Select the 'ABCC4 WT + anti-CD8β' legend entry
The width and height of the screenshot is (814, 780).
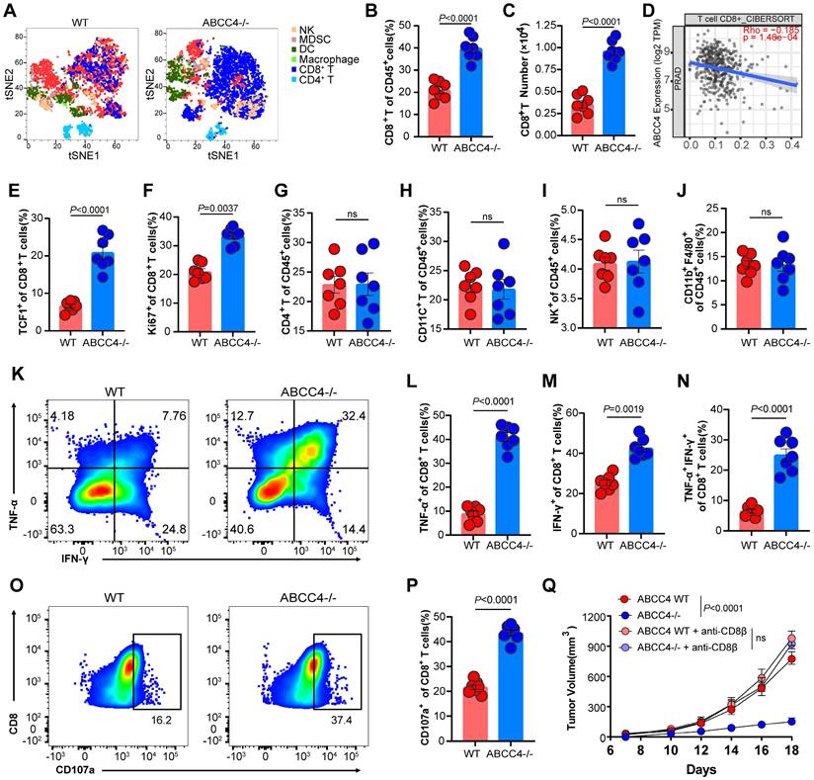689,631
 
